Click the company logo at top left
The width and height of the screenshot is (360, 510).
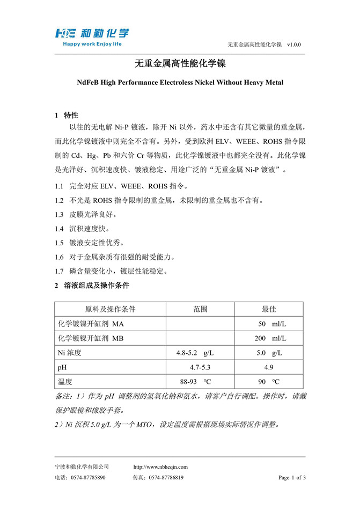click(x=91, y=33)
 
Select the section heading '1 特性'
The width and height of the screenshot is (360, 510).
click(x=67, y=115)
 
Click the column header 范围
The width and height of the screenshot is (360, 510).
click(x=201, y=309)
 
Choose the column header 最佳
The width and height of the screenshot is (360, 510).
click(x=269, y=309)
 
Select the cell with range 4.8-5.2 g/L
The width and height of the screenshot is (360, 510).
click(x=195, y=353)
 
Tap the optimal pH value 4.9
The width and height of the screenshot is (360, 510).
click(x=269, y=367)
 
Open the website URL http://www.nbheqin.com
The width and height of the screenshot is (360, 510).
click(x=160, y=467)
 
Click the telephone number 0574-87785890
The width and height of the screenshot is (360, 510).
click(x=88, y=477)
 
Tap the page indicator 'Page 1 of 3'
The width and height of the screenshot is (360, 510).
click(x=292, y=477)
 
